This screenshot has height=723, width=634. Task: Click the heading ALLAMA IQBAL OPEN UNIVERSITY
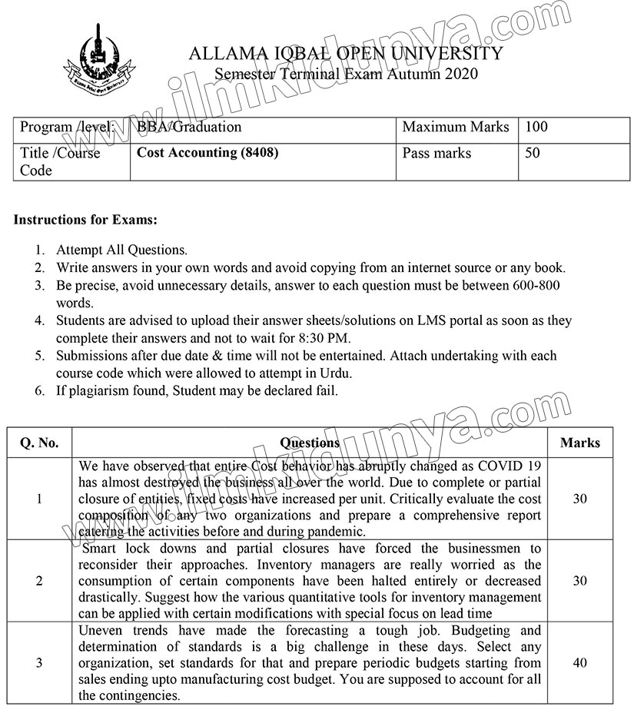pyautogui.click(x=345, y=54)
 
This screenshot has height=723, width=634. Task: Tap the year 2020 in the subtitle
pyautogui.click(x=459, y=75)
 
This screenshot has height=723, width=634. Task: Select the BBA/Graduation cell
pyautogui.click(x=189, y=128)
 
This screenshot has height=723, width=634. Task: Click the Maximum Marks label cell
pyautogui.click(x=456, y=128)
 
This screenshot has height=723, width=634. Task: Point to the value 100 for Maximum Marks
pyautogui.click(x=536, y=128)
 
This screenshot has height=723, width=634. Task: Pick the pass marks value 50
pyautogui.click(x=533, y=153)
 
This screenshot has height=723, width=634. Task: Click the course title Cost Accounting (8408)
pyautogui.click(x=207, y=153)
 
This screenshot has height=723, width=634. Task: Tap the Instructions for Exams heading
pyautogui.click(x=85, y=220)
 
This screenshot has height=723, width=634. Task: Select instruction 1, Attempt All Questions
pyautogui.click(x=121, y=250)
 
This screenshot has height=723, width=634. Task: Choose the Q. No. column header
pyautogui.click(x=38, y=443)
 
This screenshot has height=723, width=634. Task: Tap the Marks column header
pyautogui.click(x=580, y=443)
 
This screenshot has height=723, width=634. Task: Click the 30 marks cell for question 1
pyautogui.click(x=580, y=499)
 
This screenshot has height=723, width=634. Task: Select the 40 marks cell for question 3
pyautogui.click(x=580, y=663)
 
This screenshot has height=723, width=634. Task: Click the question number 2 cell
pyautogui.click(x=39, y=581)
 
